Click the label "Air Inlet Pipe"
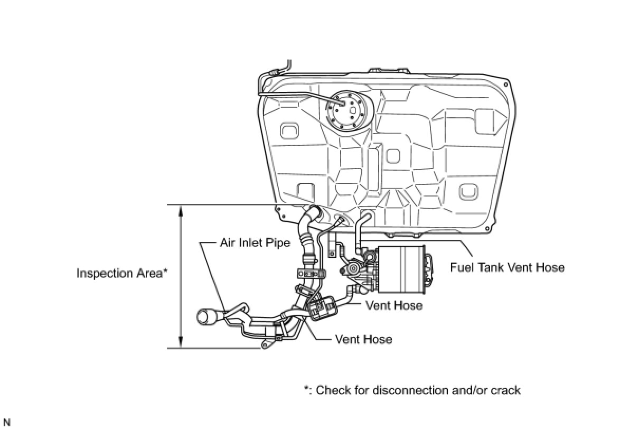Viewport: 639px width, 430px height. [x=255, y=243]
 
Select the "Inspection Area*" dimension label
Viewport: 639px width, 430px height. [x=122, y=273]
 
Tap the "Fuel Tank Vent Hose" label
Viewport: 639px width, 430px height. [x=507, y=267]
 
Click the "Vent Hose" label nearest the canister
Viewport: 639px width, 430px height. [x=393, y=305]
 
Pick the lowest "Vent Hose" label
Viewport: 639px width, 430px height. [x=363, y=339]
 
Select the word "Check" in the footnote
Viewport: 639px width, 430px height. [x=332, y=390]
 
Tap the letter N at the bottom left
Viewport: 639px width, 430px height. [x=7, y=423]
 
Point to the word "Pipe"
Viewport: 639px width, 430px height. [x=278, y=243]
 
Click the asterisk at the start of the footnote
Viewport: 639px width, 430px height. [x=306, y=389]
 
